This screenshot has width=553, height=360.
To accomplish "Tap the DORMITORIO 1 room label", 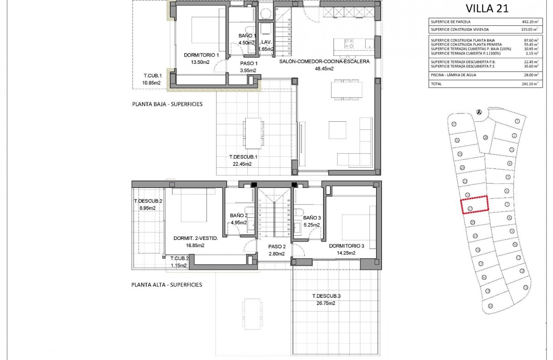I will [x=201, y=55].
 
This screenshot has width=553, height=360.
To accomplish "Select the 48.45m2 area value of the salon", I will [x=324, y=68].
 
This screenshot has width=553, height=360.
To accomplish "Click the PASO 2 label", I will [x=276, y=246].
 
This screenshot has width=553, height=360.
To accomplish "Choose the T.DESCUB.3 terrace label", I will [x=326, y=296].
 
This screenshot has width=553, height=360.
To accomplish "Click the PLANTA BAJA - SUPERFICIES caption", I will [x=167, y=104].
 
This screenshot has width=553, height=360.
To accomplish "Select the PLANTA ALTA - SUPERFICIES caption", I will [x=167, y=285].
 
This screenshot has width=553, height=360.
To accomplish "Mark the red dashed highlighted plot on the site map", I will [x=475, y=204].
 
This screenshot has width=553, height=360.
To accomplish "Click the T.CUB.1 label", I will [x=152, y=76].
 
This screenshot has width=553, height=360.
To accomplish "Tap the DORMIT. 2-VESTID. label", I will [x=195, y=239].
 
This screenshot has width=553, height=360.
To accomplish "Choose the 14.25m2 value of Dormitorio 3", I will [x=346, y=253].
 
